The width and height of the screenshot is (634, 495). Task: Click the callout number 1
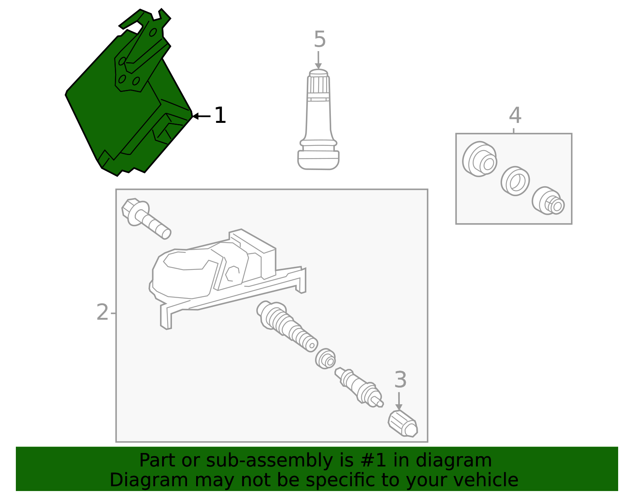(x=220, y=115)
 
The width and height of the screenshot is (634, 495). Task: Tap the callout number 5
(x=320, y=39)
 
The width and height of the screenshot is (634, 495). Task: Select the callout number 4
(x=515, y=115)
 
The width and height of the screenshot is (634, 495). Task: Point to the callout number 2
(x=102, y=312)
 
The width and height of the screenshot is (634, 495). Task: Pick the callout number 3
(x=400, y=380)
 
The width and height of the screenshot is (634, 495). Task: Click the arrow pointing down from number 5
(x=318, y=60)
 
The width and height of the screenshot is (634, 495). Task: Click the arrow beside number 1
(x=201, y=116)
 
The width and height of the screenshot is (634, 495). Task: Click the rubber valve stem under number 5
(x=318, y=120)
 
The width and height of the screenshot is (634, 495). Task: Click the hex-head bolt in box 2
(x=146, y=219)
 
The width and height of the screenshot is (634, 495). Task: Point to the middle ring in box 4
(x=515, y=181)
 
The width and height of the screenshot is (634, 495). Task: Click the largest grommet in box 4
(x=479, y=159)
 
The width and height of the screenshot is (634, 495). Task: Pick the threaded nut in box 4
(x=548, y=201)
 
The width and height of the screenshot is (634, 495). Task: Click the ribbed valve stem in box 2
(x=287, y=327)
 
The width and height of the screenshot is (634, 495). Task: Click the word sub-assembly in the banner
(x=269, y=461)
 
